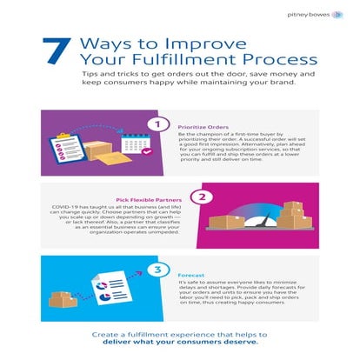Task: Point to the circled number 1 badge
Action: (x=158, y=123)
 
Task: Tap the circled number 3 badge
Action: (x=158, y=270)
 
